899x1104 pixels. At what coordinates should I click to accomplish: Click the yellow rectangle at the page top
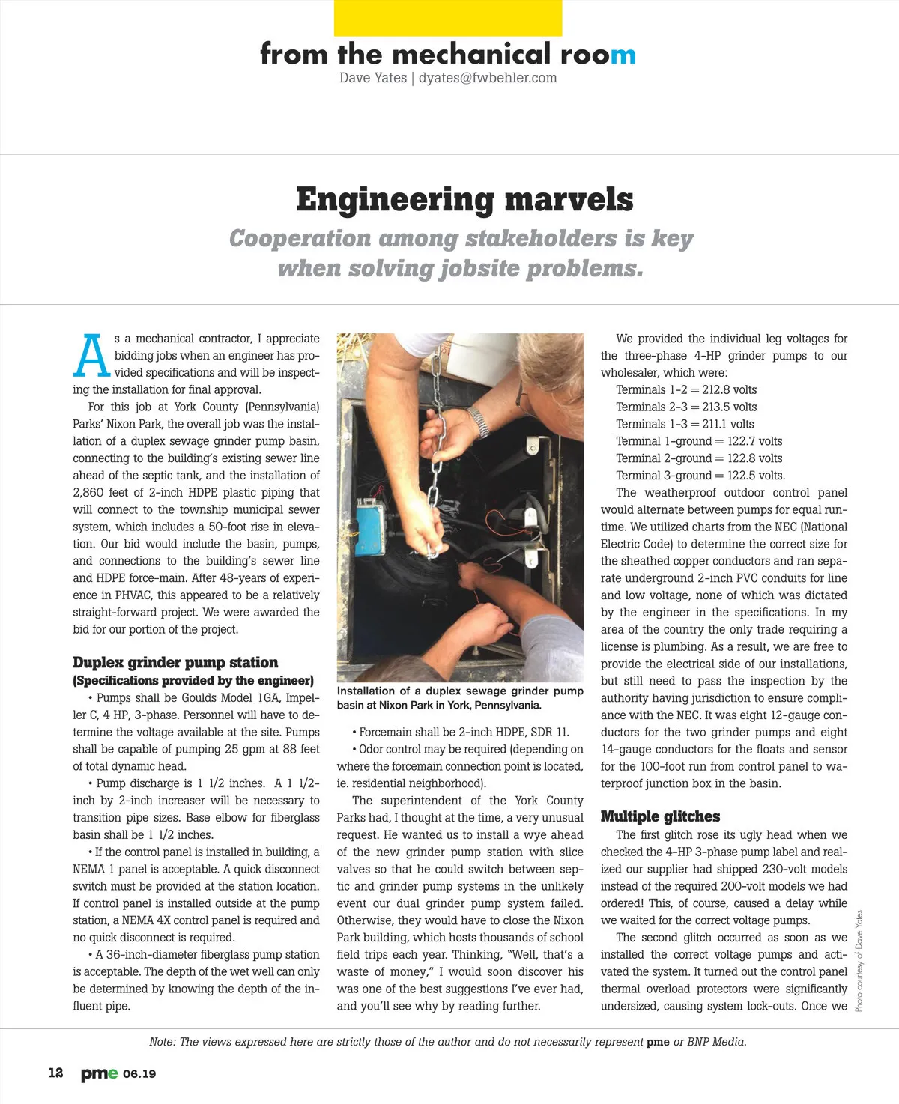click(448, 18)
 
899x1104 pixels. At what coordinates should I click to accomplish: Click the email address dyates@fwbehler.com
click(488, 78)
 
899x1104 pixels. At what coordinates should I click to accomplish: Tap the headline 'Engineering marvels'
click(464, 200)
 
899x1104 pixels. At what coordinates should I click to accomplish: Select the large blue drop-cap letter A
click(91, 356)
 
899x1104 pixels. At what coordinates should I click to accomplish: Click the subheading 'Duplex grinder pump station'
click(175, 662)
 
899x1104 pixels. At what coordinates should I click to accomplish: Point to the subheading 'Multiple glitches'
click(660, 816)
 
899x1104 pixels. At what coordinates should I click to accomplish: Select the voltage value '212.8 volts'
click(729, 389)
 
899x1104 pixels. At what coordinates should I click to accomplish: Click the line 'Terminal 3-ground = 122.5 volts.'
click(700, 476)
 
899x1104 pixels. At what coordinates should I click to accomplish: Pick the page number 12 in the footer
click(56, 1073)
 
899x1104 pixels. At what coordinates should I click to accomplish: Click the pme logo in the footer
click(99, 1073)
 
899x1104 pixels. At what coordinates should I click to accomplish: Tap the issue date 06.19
click(139, 1074)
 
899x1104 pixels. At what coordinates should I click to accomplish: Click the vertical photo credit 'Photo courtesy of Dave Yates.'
click(859, 959)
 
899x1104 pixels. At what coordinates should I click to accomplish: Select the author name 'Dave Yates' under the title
click(372, 78)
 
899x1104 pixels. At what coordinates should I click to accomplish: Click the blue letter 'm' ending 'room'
click(623, 55)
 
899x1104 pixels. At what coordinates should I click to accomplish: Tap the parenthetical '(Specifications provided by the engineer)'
click(193, 680)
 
